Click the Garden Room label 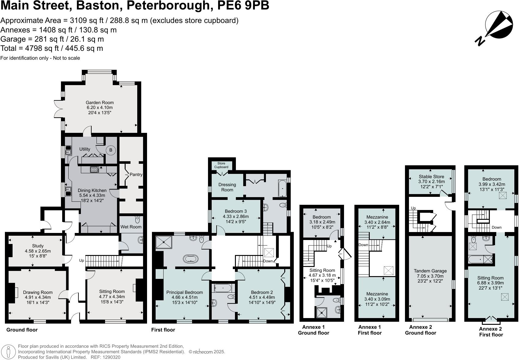tap(100, 103)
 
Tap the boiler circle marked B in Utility tap(111, 150)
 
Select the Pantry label tap(136, 174)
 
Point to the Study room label tap(38, 246)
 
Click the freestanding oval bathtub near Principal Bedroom tap(191, 259)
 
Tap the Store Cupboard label tap(221, 165)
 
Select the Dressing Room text tap(227, 187)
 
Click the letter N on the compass tap(480, 41)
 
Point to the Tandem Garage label tap(430, 271)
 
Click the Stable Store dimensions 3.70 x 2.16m tap(431, 182)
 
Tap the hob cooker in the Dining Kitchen tap(94, 169)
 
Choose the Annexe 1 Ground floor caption tap(313, 330)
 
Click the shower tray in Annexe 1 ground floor tap(322, 312)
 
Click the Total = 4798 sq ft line tap(52, 48)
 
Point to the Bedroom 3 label tap(236, 211)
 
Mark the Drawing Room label tap(38, 292)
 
